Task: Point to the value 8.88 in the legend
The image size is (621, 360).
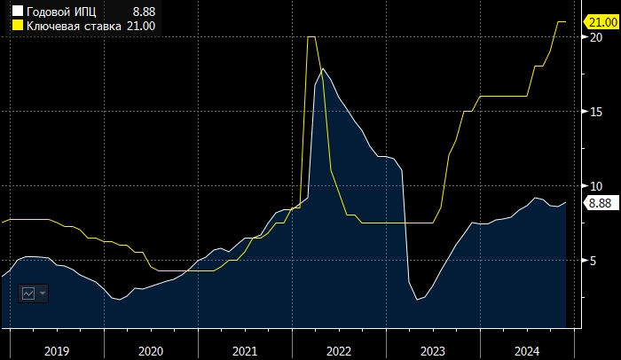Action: pyautogui.click(x=145, y=12)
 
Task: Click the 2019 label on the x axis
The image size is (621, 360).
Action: pyautogui.click(x=57, y=351)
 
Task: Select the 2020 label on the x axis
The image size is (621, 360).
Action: pyautogui.click(x=151, y=351)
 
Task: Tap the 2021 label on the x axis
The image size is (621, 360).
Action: pyautogui.click(x=245, y=351)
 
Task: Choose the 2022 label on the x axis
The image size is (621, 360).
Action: pyautogui.click(x=339, y=351)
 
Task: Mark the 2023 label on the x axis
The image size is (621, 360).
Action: pyautogui.click(x=433, y=351)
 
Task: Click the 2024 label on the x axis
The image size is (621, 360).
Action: pyautogui.click(x=527, y=351)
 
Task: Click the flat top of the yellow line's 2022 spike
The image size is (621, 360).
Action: pyautogui.click(x=311, y=37)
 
